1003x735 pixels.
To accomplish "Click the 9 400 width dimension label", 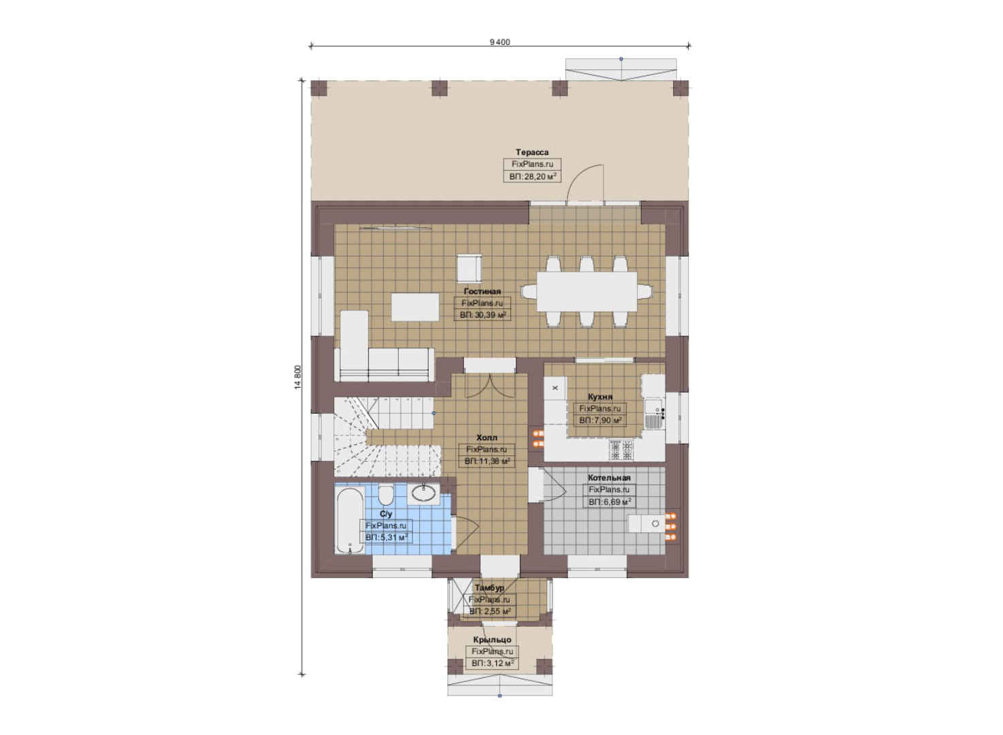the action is point(499,42).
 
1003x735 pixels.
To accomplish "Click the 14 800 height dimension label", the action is point(299,378).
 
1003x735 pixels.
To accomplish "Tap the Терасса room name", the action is point(532,152).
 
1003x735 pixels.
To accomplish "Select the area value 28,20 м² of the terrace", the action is point(532,176).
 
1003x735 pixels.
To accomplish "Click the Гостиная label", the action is point(482,291).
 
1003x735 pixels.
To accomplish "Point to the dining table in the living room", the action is point(587,291).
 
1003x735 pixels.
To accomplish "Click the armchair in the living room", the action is point(470,267).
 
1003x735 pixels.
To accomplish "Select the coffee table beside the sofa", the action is point(415,307).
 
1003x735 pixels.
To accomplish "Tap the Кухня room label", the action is point(600,396).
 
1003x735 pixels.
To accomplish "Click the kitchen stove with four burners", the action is point(621,449).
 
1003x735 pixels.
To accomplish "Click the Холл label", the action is point(487,437).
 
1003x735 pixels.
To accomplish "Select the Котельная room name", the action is point(610,478).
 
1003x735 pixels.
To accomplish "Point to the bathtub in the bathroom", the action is point(350,520).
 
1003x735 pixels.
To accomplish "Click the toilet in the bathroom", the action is point(386,495).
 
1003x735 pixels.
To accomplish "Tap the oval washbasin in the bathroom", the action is point(423,493).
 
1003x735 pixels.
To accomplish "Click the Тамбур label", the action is point(489,587).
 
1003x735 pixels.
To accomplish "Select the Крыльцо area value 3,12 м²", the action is point(493,664).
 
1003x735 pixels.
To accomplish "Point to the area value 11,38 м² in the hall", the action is point(487,461).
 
